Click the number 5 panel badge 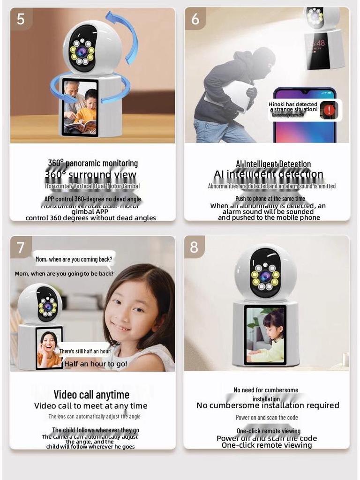(x=21, y=19)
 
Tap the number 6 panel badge (x=195, y=19)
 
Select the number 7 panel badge (x=21, y=247)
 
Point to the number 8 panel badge (x=194, y=247)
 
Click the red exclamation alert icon (x=330, y=110)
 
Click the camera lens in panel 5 (x=82, y=52)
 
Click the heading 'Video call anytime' (x=91, y=395)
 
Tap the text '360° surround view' (x=91, y=175)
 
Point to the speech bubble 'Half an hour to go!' (x=96, y=364)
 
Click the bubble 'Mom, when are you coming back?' (x=74, y=259)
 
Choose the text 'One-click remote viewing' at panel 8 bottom (x=266, y=445)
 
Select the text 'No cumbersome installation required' (x=268, y=405)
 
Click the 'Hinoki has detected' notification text (x=293, y=105)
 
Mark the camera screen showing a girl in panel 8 (x=265, y=335)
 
